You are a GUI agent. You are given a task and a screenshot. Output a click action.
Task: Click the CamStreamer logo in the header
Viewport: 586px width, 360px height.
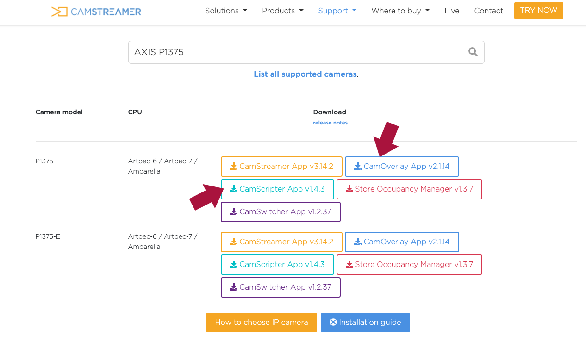coord(96,12)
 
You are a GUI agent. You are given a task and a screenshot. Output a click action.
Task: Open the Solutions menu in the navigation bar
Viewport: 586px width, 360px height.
coord(226,11)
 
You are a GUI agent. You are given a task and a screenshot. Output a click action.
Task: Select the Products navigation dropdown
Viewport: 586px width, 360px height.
coord(283,11)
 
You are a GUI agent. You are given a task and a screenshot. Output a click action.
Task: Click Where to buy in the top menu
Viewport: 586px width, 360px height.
coord(400,11)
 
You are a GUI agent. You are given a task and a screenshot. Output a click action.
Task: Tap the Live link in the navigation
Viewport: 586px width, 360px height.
coord(452,11)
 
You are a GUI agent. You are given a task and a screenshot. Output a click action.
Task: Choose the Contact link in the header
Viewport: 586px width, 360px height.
coord(488,11)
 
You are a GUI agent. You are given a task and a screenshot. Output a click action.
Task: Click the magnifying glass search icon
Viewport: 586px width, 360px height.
coord(473,52)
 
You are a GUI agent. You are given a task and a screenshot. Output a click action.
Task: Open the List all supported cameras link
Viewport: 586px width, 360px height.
coord(305,74)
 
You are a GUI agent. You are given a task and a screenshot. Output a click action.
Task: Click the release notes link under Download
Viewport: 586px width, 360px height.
coord(330,123)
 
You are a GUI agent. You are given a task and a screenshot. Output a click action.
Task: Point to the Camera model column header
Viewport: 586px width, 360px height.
coord(59,112)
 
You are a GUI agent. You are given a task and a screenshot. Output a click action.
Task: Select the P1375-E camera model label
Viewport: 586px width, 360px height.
coord(48,236)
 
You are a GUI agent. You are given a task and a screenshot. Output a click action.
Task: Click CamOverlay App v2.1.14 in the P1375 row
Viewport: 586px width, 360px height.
coord(402,166)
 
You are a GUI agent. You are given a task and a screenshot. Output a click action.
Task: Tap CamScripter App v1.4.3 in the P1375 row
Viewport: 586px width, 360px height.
coord(277,189)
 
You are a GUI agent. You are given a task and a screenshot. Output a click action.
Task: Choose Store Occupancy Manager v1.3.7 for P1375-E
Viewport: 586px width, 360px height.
coord(409,265)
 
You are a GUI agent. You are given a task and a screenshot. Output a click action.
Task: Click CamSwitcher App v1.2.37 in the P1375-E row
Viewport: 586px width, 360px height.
coord(281,287)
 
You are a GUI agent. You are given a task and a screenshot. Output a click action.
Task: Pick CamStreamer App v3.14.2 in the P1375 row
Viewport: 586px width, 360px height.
coord(281,166)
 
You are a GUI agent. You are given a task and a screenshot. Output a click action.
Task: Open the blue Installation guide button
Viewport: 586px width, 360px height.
coord(365,323)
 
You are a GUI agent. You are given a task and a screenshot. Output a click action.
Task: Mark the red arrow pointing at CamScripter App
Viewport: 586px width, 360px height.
coord(206,197)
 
